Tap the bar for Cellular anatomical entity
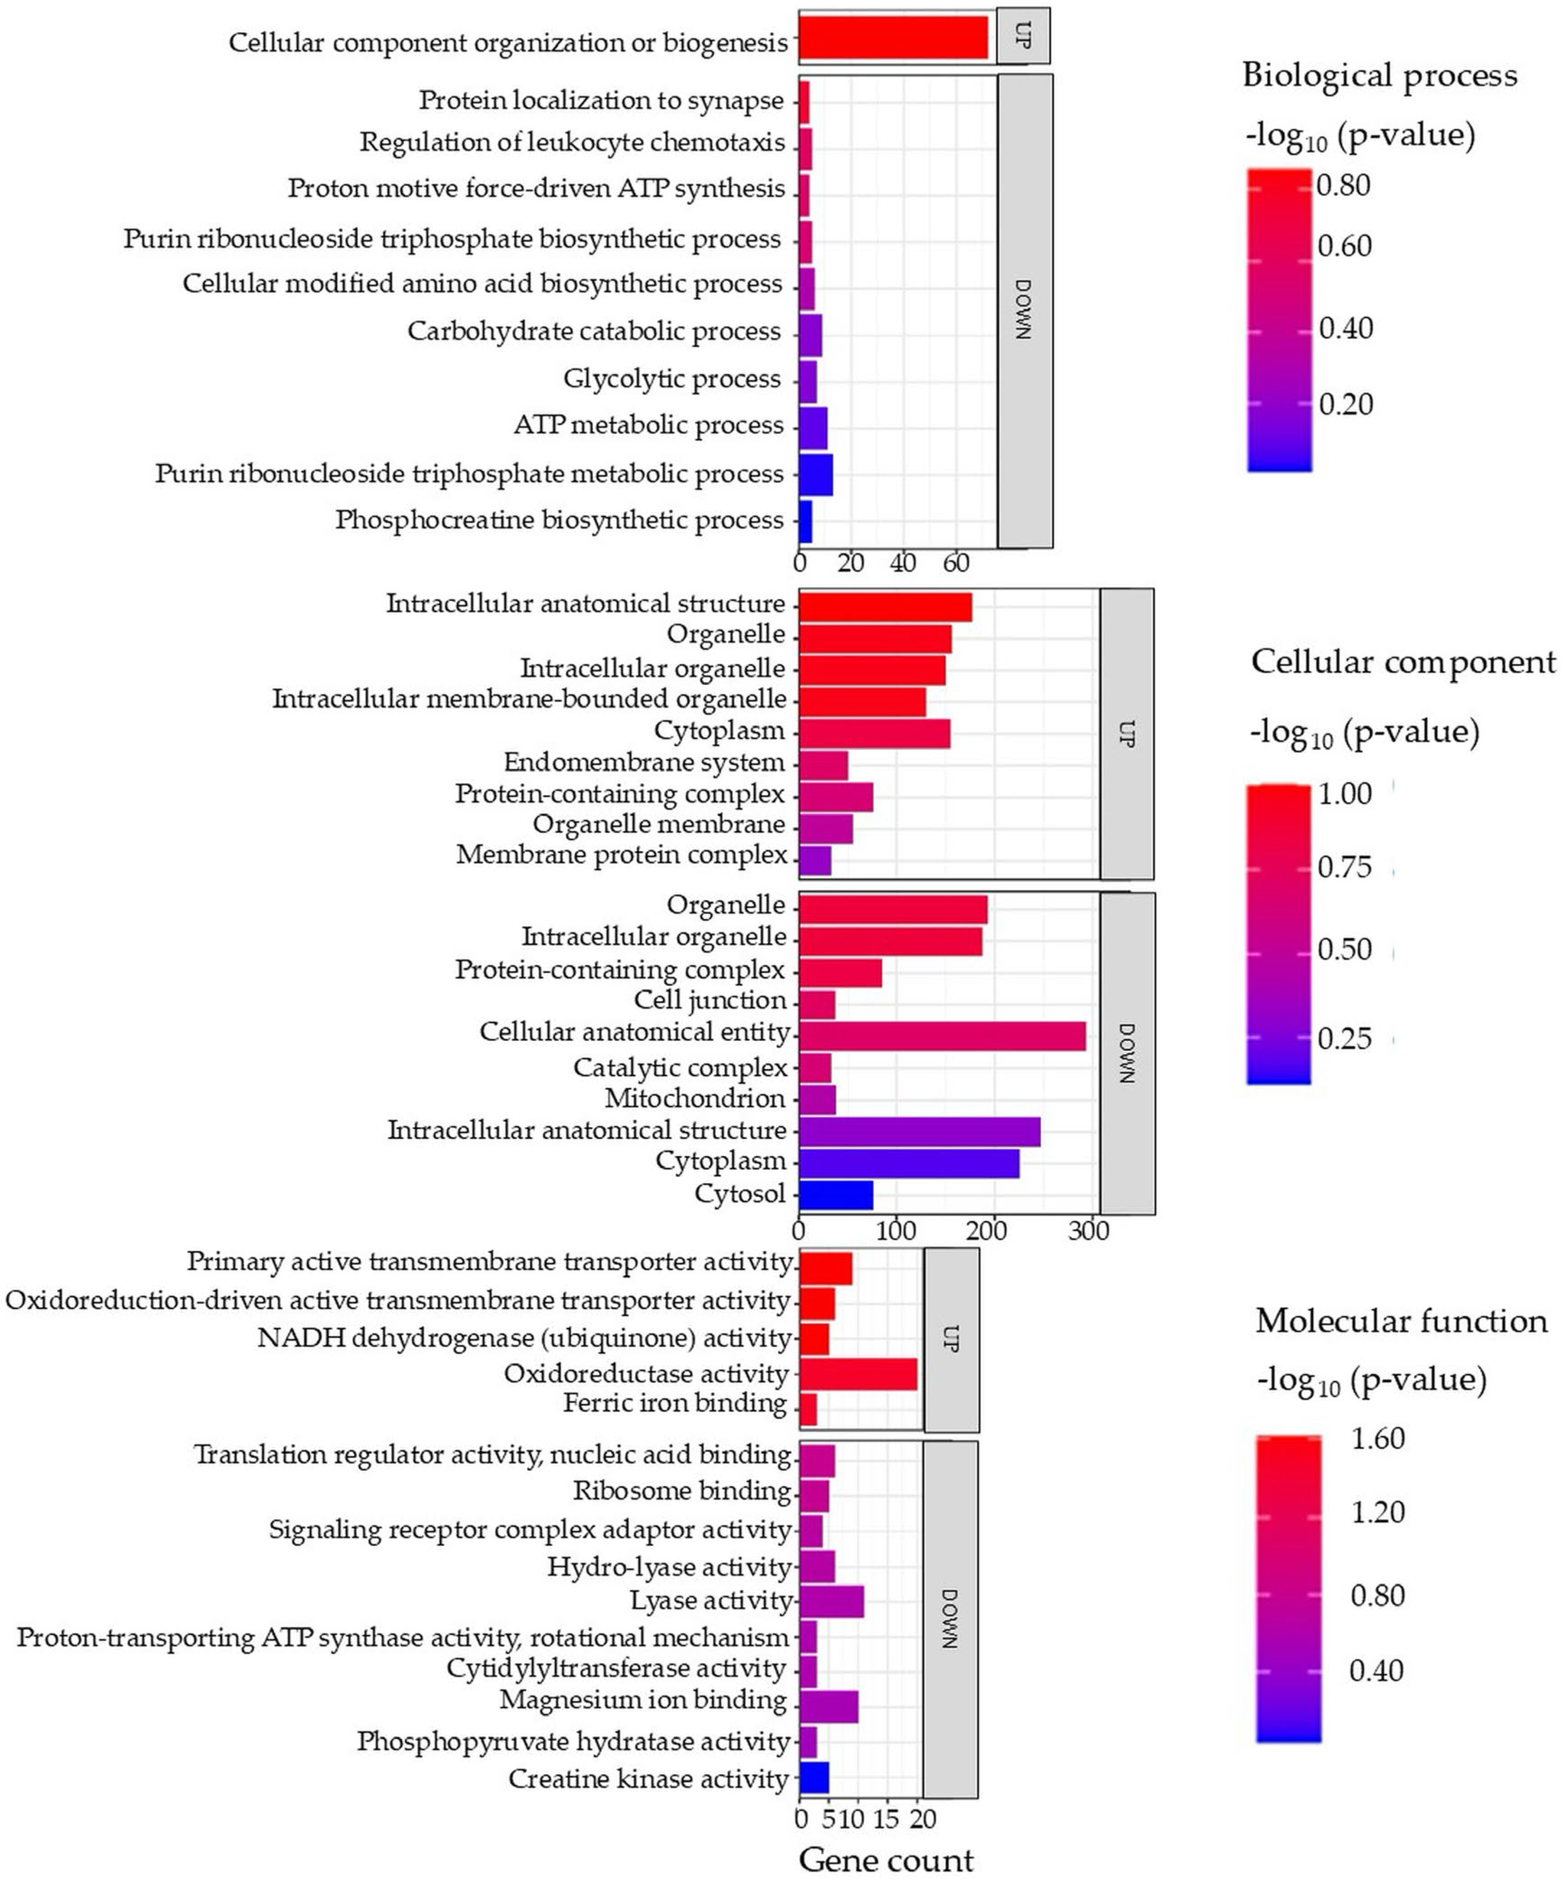(942, 1035)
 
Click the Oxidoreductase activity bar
(858, 1374)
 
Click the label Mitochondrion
(695, 1098)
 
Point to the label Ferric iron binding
(675, 1402)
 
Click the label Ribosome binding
(682, 1491)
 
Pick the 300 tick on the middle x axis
(1088, 1230)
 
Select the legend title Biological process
(1379, 75)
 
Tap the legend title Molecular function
(1401, 1321)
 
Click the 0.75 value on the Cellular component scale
(1344, 867)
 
